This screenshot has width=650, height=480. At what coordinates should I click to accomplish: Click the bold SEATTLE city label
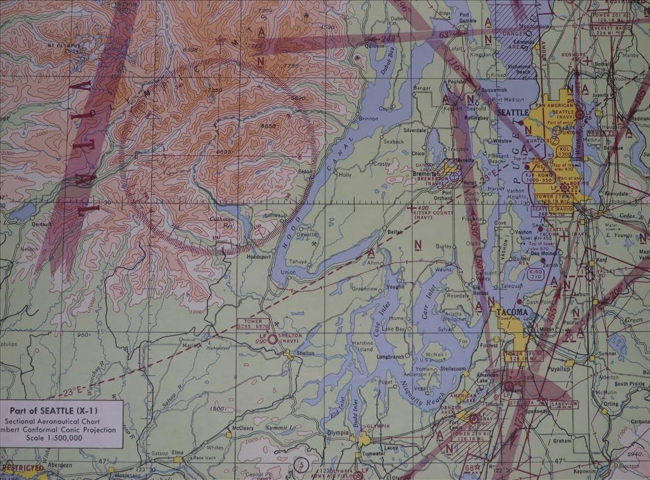pyautogui.click(x=513, y=112)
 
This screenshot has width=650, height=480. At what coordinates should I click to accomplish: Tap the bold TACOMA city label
pyautogui.click(x=511, y=312)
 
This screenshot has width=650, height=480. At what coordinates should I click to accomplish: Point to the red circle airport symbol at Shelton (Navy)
pyautogui.click(x=272, y=339)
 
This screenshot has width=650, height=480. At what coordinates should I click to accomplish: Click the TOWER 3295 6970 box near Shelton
pyautogui.click(x=252, y=324)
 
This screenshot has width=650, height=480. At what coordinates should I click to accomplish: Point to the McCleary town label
pyautogui.click(x=242, y=428)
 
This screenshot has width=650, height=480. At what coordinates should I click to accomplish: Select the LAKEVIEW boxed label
pyautogui.click(x=563, y=404)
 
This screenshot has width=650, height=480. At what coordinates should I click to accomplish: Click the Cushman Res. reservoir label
pyautogui.click(x=221, y=221)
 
